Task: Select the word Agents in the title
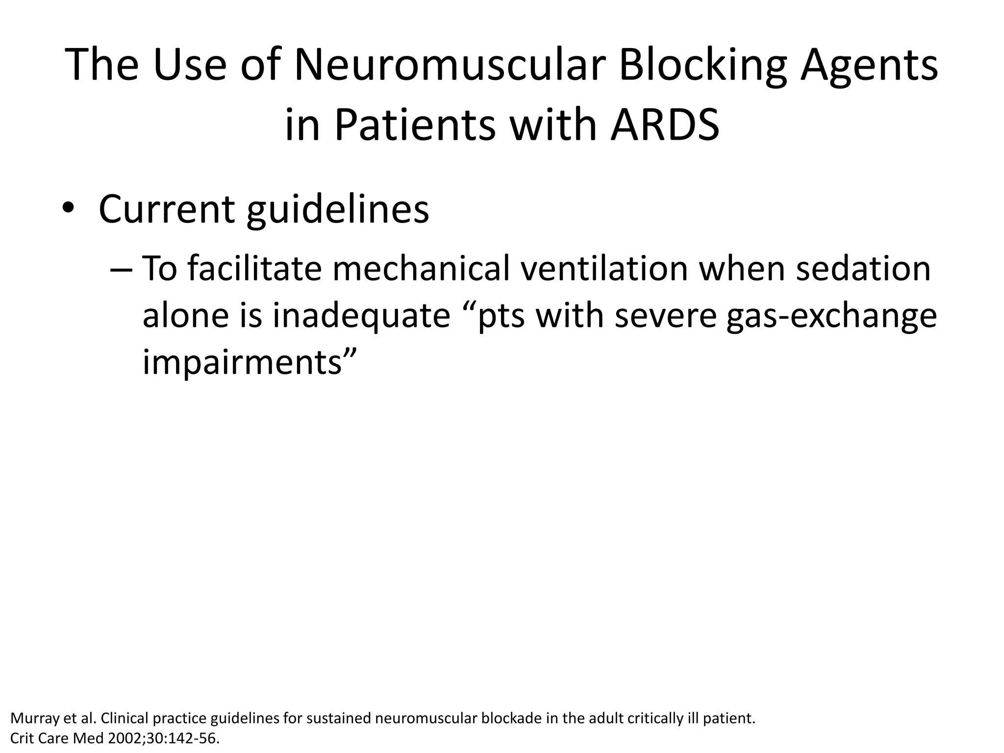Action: [869, 66]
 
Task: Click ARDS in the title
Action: [665, 125]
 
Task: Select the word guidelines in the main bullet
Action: [337, 210]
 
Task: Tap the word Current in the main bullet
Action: [167, 210]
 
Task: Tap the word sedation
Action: [863, 269]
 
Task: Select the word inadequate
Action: [362, 316]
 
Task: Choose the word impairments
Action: [241, 363]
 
